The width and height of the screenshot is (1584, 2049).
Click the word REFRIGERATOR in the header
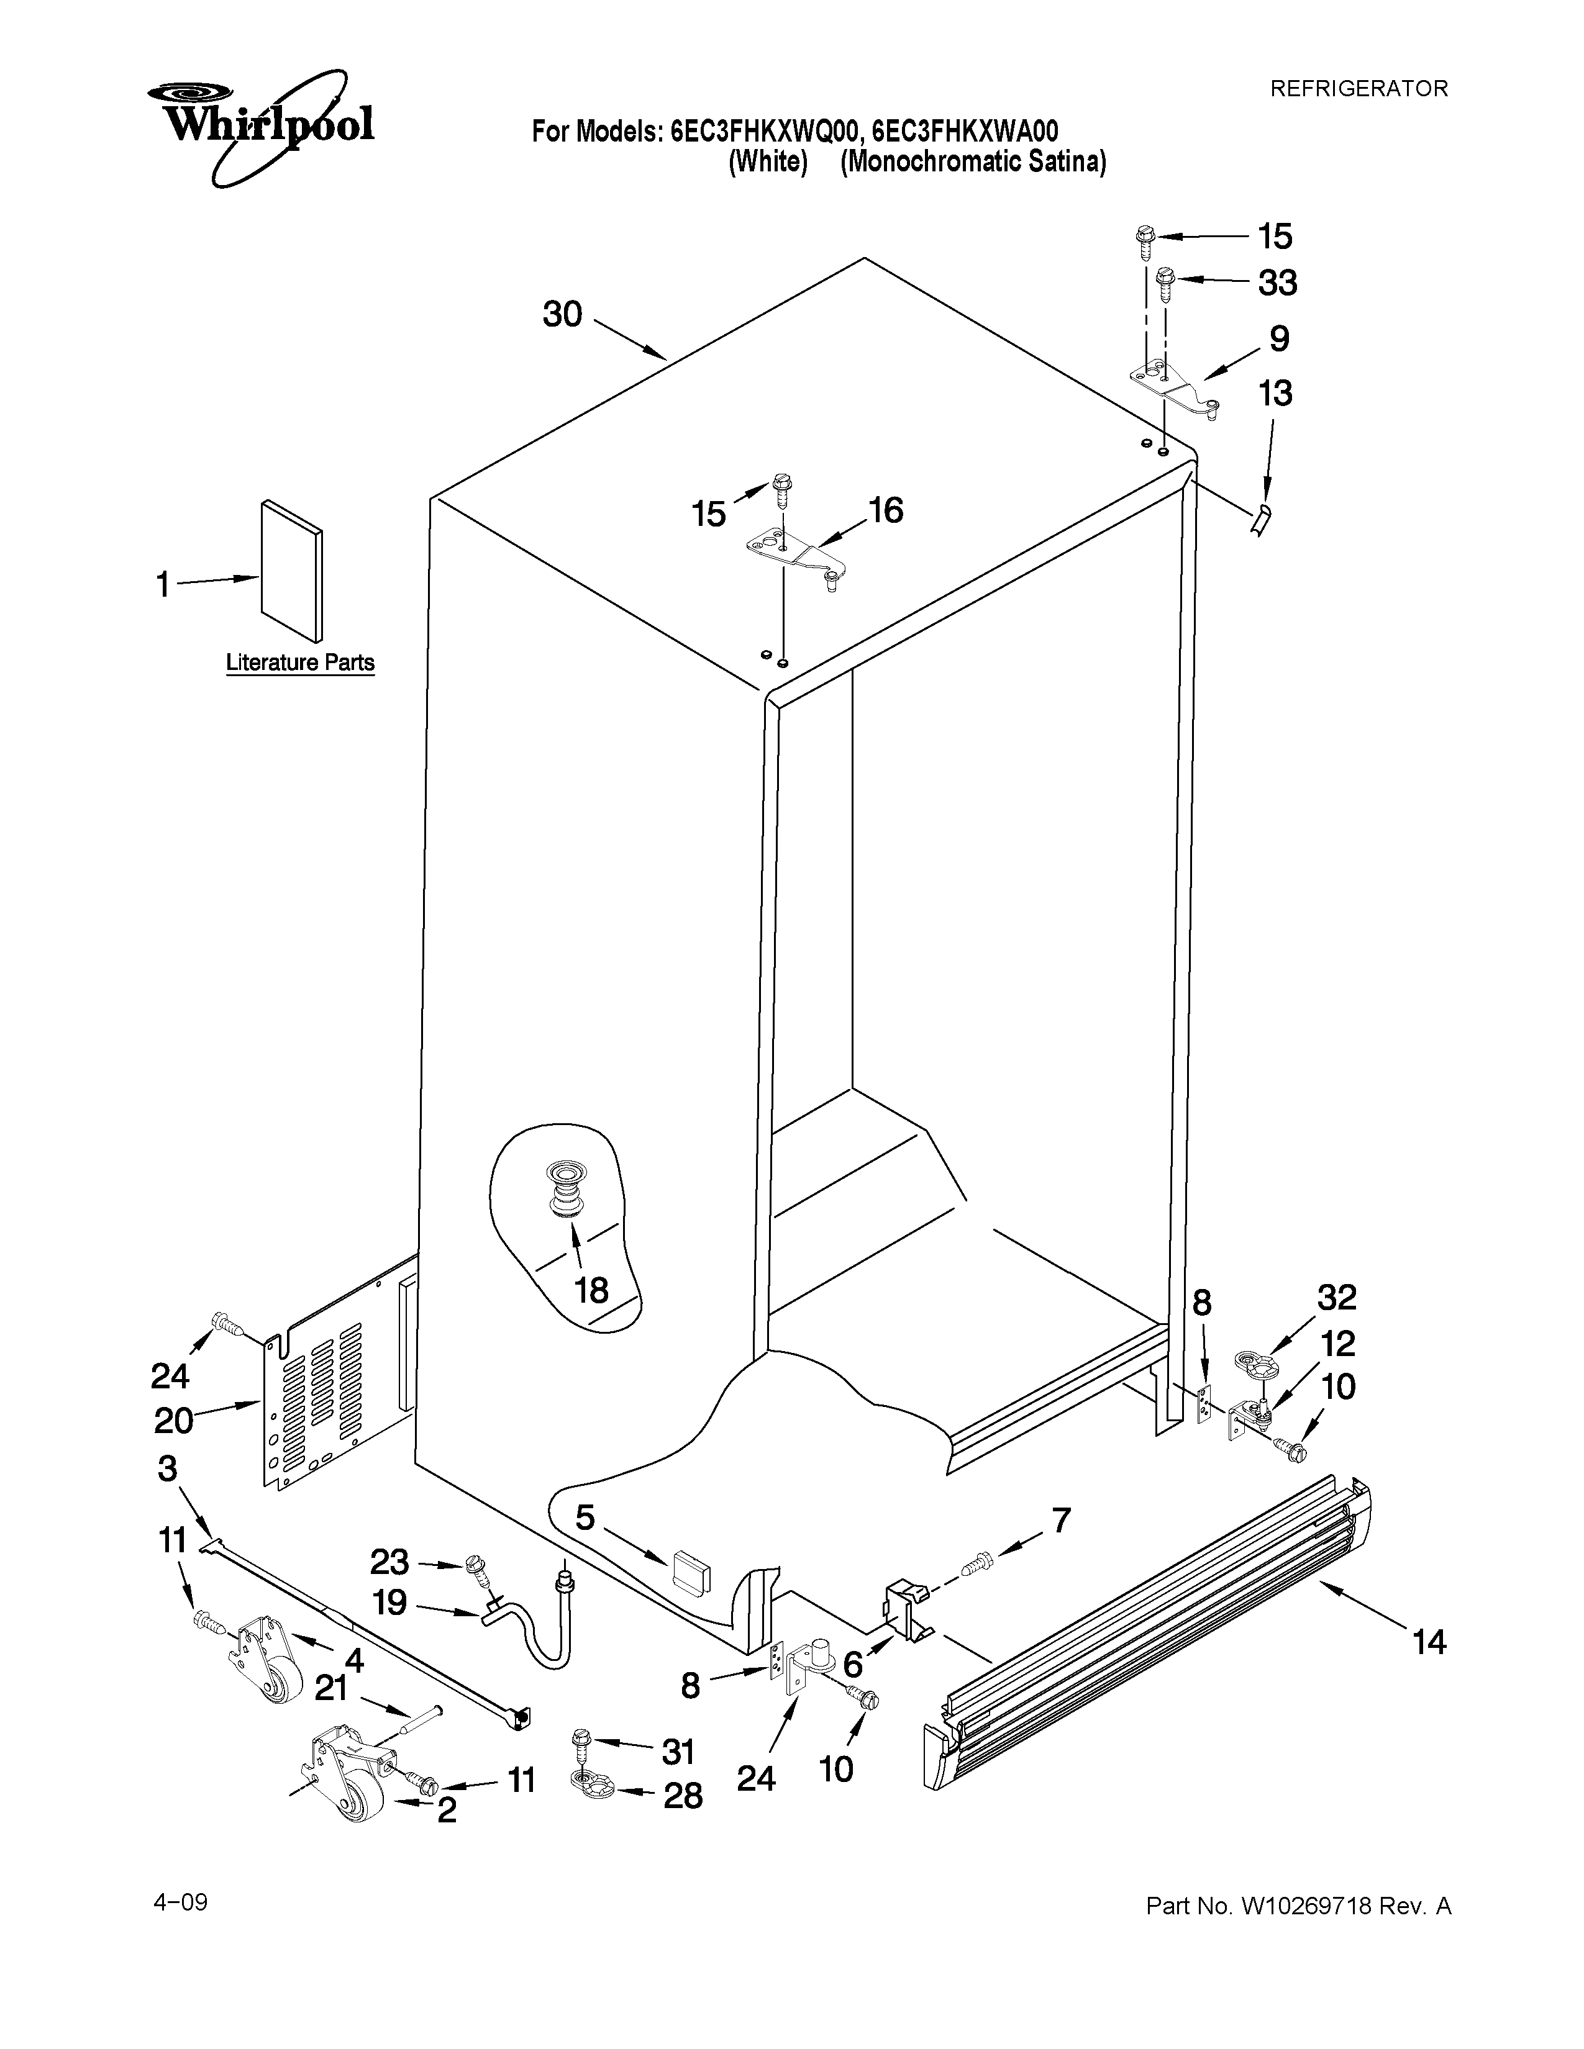pyautogui.click(x=1358, y=89)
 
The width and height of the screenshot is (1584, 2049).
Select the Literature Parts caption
pyautogui.click(x=300, y=663)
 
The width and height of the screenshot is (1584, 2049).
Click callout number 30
pyautogui.click(x=562, y=314)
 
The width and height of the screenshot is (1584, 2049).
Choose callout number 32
pyautogui.click(x=1336, y=1298)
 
